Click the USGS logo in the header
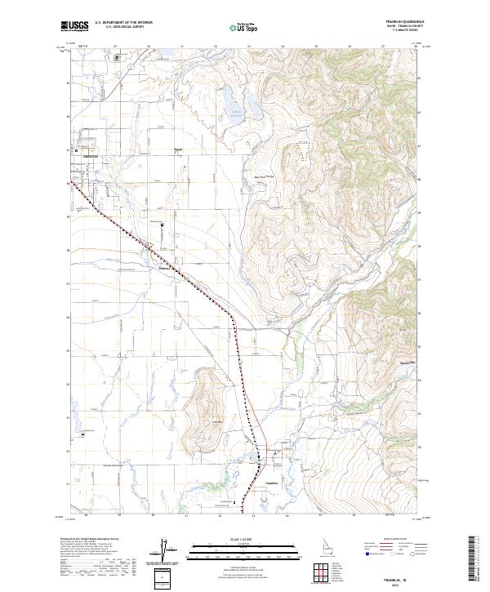coord(74,26)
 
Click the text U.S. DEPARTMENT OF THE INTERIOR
coord(123,24)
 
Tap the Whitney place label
coord(163,263)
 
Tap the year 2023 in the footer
coord(405,581)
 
